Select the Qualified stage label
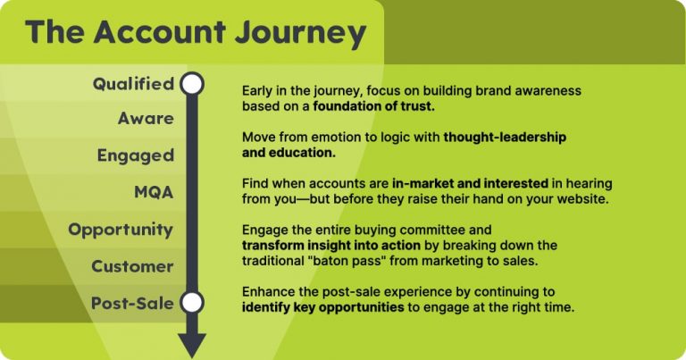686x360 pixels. (x=133, y=84)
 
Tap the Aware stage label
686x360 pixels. (x=146, y=118)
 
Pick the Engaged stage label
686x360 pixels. (x=135, y=155)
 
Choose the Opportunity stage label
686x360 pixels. (x=120, y=230)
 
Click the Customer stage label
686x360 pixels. (x=132, y=266)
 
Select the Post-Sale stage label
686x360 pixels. (x=132, y=303)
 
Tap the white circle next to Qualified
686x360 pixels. (x=192, y=84)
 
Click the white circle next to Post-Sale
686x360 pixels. (x=192, y=302)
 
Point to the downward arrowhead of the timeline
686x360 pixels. (x=192, y=345)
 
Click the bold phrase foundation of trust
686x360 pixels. (x=376, y=106)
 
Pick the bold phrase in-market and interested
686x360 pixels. (x=469, y=182)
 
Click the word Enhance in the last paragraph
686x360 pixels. (x=271, y=292)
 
